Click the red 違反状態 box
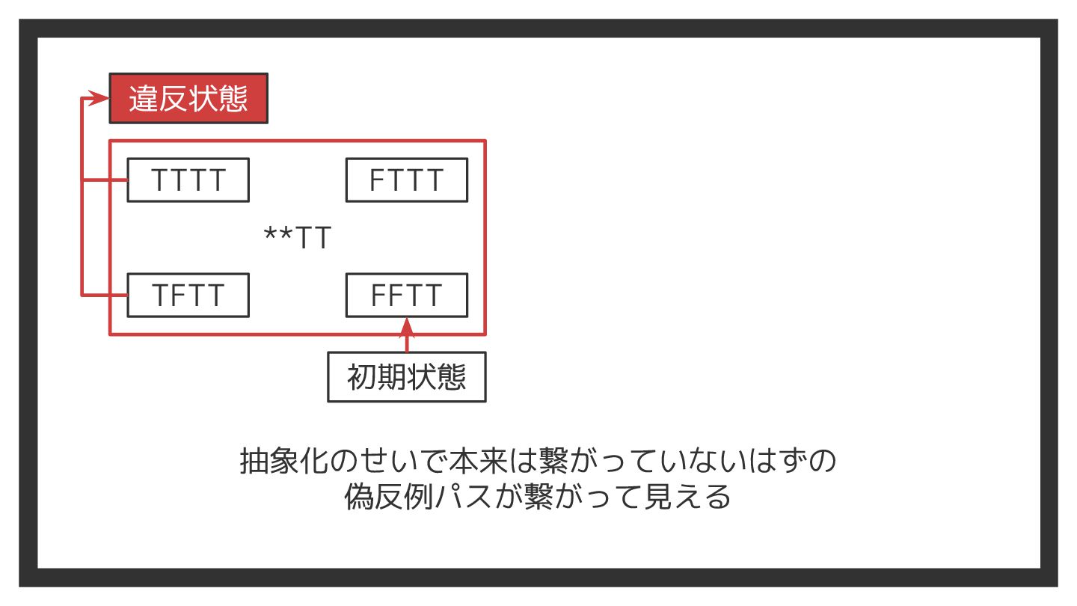pyautogui.click(x=188, y=98)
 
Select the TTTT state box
pyautogui.click(x=188, y=180)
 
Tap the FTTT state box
pyautogui.click(x=406, y=180)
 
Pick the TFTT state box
pyautogui.click(x=188, y=296)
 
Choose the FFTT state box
pyautogui.click(x=406, y=296)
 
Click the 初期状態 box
pyautogui.click(x=407, y=377)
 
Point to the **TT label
pyautogui.click(x=298, y=239)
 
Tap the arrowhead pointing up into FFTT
pyautogui.click(x=407, y=325)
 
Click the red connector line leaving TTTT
pyautogui.click(x=105, y=180)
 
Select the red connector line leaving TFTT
pyautogui.click(x=105, y=296)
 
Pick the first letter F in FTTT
pyautogui.click(x=378, y=180)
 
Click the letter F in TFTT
pyautogui.click(x=179, y=296)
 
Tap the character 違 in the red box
pyautogui.click(x=144, y=99)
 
